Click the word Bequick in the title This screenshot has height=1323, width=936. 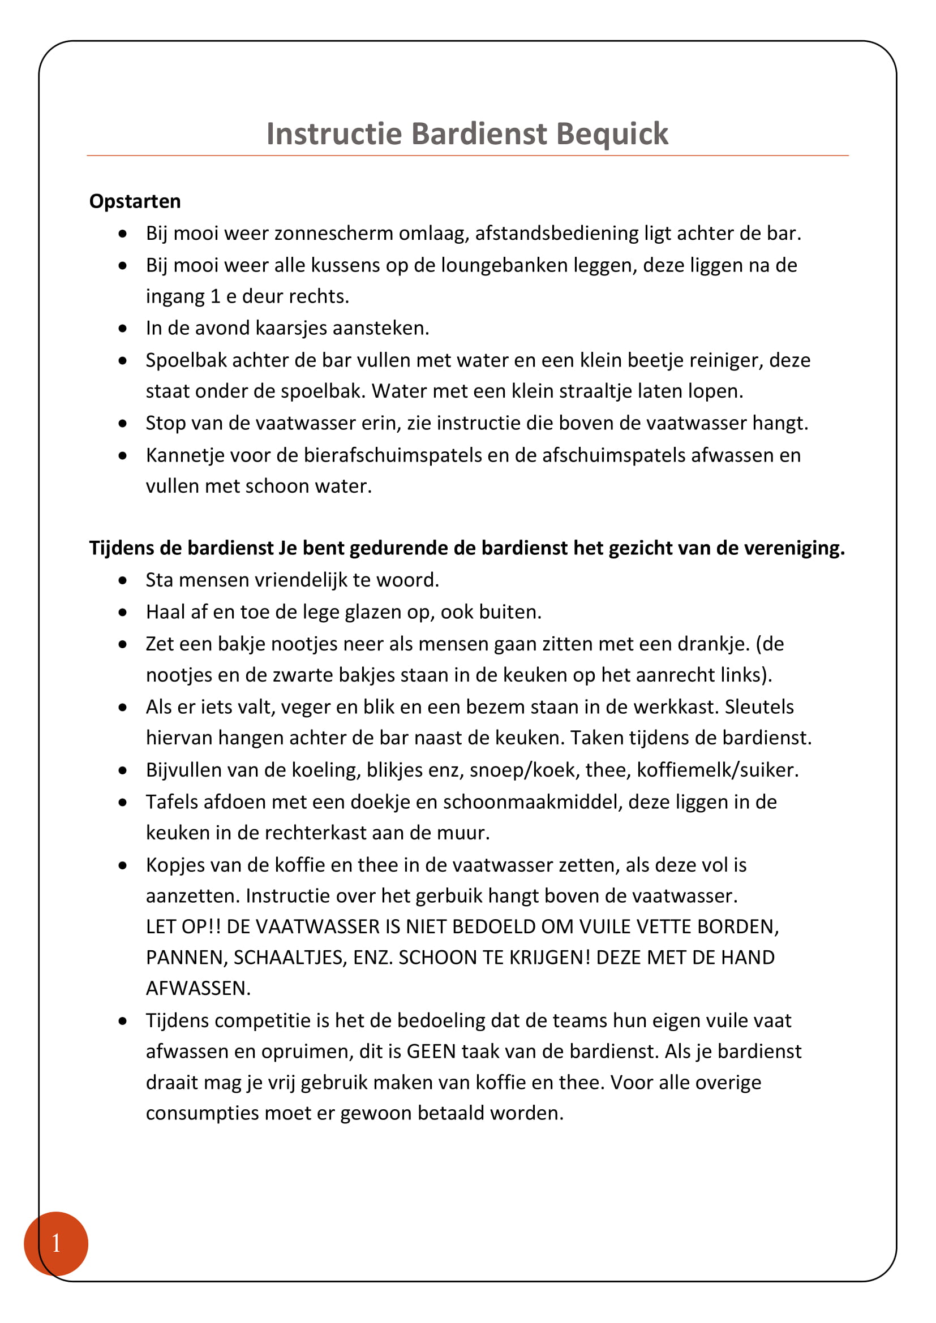[612, 134]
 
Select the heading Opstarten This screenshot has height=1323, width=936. [135, 202]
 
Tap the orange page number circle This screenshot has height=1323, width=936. [56, 1243]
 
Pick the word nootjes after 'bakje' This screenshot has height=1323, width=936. [304, 644]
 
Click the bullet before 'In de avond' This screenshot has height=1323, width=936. [123, 329]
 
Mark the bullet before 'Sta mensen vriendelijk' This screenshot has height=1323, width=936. [123, 581]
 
